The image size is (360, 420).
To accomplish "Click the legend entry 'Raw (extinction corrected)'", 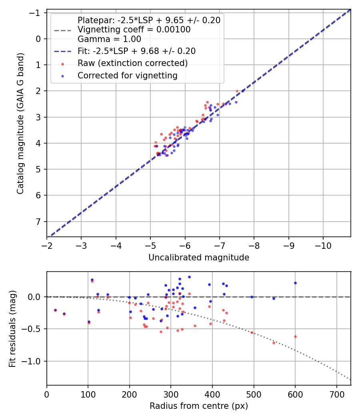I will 132,63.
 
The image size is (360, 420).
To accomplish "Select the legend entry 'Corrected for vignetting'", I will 128,75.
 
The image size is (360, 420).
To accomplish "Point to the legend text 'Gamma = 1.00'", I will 109,39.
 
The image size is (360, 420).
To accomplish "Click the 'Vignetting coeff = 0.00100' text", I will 134,30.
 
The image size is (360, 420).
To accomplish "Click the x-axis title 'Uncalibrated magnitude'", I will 199,258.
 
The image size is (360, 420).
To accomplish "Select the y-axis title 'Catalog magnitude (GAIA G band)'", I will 21,124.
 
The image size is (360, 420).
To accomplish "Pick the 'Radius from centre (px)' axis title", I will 199,406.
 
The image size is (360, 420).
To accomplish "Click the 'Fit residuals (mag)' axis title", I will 13,328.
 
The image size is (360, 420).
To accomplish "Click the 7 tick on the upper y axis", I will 39,222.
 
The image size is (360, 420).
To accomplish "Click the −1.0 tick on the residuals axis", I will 34,361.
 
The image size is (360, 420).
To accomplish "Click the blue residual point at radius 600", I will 295,283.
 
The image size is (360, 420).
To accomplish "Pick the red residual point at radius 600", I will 295,336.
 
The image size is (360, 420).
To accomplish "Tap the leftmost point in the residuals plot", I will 55,310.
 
